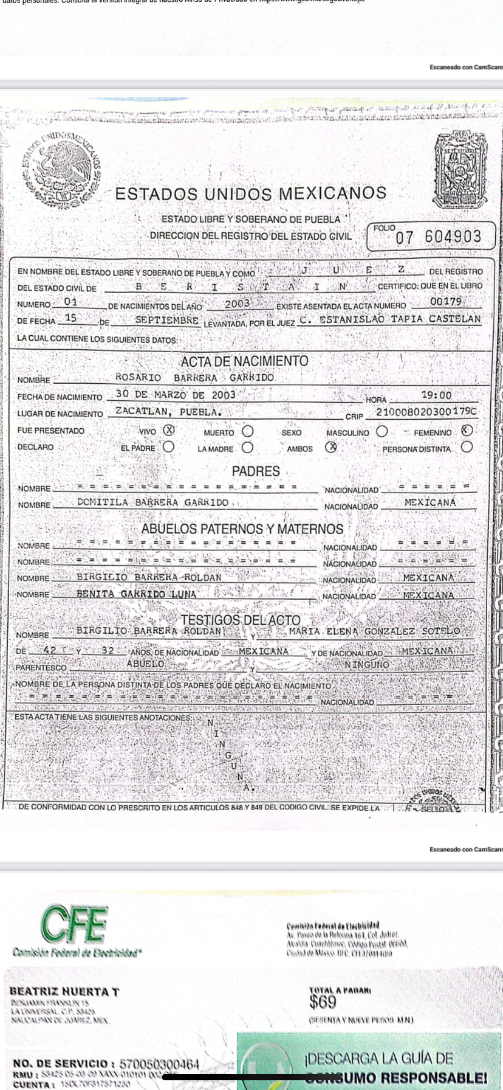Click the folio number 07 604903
[438, 237]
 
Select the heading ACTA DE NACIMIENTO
[244, 361]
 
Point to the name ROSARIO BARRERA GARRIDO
[194, 378]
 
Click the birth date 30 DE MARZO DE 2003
[176, 395]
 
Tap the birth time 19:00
[436, 395]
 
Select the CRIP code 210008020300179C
[426, 412]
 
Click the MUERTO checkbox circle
[248, 431]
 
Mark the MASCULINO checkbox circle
[382, 431]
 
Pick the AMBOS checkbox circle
[330, 447]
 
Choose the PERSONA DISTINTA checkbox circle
[467, 447]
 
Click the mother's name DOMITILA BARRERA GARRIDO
[153, 502]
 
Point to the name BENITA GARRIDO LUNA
[137, 594]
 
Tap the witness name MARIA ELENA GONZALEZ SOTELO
[374, 631]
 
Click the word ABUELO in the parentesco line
[146, 664]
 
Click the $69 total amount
[323, 1001]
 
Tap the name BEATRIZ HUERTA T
[64, 992]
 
